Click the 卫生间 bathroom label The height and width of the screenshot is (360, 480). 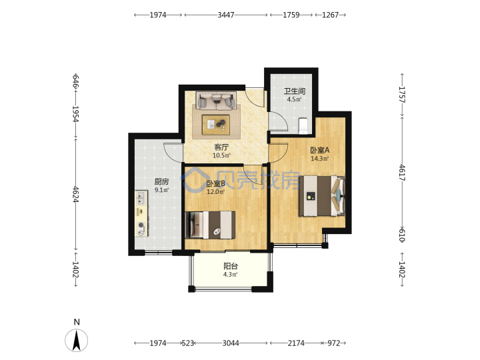point(294,91)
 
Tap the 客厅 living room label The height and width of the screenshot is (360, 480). point(221,147)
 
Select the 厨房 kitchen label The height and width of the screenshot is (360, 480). point(161,181)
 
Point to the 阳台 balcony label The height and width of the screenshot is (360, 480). point(231,266)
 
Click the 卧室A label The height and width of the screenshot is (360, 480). point(319,150)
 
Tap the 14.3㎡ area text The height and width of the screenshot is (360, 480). point(319,159)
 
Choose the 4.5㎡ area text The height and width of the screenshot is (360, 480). point(294,99)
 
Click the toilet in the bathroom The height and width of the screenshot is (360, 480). point(303,126)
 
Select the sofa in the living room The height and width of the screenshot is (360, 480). point(217,101)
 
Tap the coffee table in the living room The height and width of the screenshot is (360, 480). point(216,125)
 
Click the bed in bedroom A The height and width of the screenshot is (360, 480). point(322,195)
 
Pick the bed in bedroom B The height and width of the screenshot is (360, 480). point(210,225)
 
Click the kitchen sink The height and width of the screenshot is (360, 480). point(141,198)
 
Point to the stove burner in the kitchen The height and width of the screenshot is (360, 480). point(141,225)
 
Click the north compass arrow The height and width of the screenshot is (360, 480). point(76,340)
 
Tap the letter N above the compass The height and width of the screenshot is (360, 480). point(77,322)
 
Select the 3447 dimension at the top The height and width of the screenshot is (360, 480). point(226,15)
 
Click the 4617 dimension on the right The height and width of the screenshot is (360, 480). point(402,173)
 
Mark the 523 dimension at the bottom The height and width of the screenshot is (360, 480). point(188,343)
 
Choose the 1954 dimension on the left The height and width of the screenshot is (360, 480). point(75,114)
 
